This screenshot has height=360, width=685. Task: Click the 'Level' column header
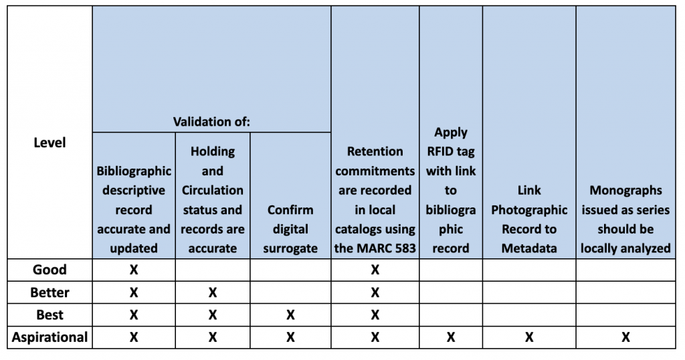point(50,143)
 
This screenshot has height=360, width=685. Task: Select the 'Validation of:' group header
point(211,122)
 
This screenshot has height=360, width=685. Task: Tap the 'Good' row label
point(50,270)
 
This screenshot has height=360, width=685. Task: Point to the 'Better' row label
point(50,292)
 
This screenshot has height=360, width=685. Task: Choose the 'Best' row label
point(50,314)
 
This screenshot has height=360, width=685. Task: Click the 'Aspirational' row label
point(50,337)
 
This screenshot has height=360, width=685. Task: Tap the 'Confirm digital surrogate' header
point(290,229)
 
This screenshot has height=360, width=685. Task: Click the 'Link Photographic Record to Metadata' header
point(529,219)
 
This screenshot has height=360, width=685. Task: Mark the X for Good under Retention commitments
point(375,270)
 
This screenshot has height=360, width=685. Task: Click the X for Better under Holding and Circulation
point(212,292)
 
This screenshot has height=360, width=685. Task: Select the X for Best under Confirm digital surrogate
point(290,315)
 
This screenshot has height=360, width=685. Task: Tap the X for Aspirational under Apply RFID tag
point(451,337)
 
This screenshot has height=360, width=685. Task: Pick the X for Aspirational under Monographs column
point(625,337)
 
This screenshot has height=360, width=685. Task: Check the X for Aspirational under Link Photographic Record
point(529,337)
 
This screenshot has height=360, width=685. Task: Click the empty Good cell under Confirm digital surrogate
point(290,270)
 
